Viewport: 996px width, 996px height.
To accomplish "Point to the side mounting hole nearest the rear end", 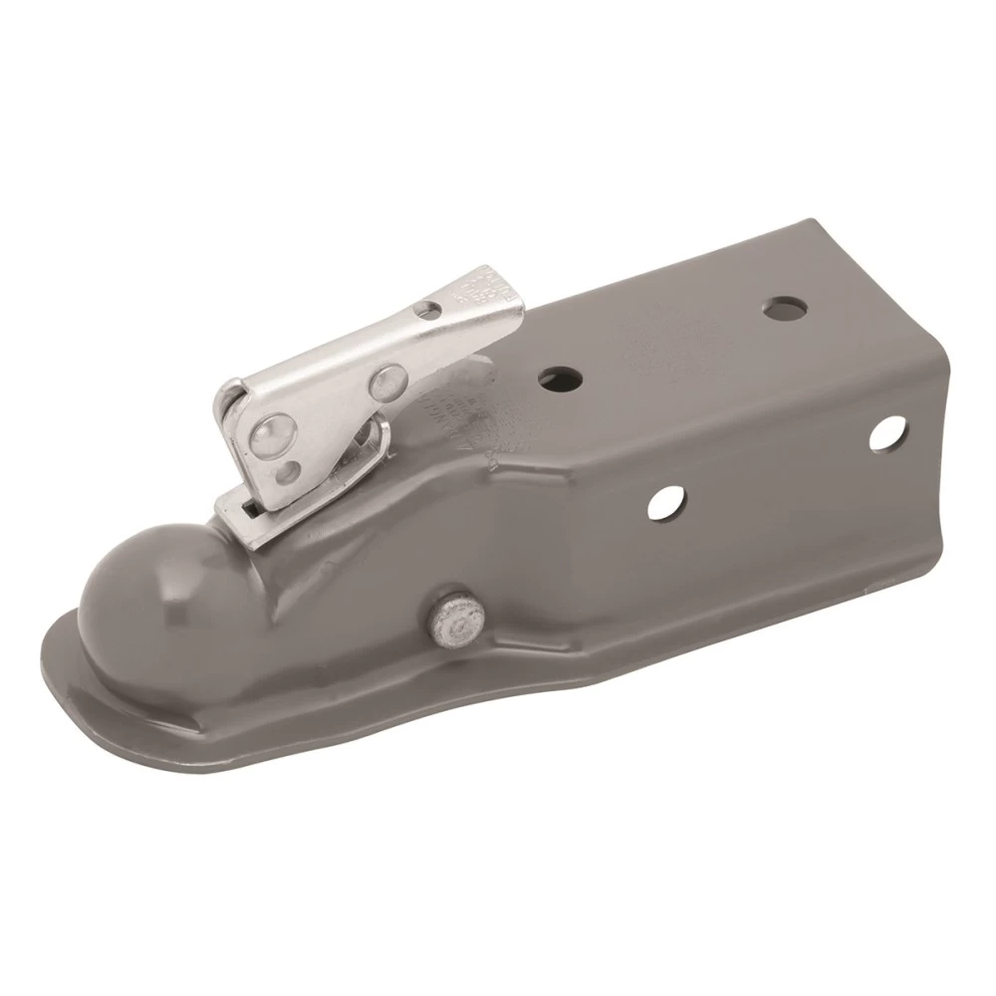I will click(x=882, y=435).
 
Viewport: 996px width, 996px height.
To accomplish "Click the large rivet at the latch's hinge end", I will click(x=267, y=434).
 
